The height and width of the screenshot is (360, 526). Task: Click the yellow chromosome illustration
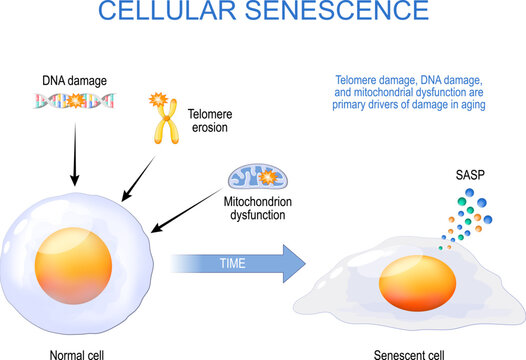coord(160,120)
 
